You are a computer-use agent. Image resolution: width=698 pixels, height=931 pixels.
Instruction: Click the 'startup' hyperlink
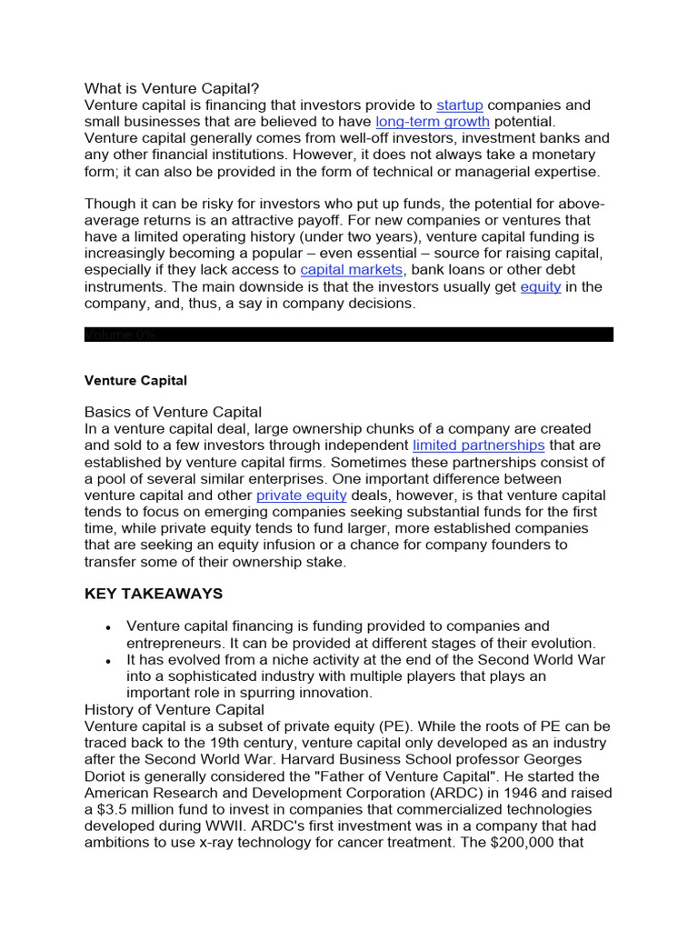[460, 105]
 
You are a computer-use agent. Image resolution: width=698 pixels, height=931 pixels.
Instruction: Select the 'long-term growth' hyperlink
[433, 122]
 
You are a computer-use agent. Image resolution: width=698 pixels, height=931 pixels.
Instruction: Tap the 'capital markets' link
[351, 270]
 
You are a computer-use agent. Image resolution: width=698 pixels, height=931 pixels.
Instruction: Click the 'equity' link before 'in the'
[541, 286]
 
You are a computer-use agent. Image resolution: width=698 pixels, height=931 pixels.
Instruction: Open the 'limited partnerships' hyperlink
[479, 445]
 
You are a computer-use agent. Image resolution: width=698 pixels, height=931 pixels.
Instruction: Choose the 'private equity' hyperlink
[302, 496]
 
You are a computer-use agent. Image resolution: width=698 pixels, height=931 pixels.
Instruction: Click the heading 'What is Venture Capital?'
[172, 88]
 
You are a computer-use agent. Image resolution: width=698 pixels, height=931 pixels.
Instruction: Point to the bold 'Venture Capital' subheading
[135, 380]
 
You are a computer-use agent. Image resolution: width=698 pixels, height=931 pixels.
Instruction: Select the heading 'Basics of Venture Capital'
[173, 412]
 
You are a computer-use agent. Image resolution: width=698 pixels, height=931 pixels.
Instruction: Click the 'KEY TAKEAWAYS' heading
[154, 594]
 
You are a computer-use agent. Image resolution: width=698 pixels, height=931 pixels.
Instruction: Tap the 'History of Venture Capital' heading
[174, 709]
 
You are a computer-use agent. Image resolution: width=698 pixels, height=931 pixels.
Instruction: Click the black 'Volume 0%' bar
[349, 335]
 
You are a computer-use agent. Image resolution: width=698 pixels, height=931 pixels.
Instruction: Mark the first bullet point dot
[108, 627]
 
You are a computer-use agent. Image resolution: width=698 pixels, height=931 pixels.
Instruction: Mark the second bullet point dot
[108, 661]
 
